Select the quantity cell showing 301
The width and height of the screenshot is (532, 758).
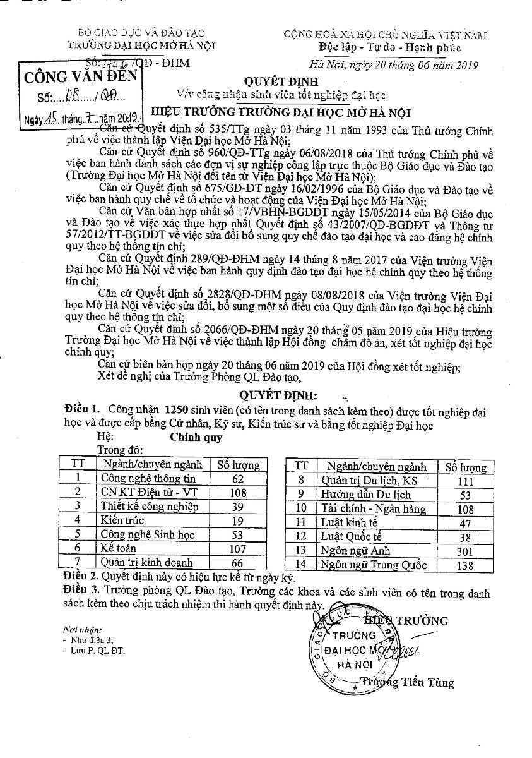(465, 551)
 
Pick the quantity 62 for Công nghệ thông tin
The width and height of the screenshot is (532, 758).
(237, 479)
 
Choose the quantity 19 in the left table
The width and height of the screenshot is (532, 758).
(237, 521)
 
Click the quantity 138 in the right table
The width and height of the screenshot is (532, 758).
(465, 565)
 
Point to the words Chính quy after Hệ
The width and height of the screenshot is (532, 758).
(196, 436)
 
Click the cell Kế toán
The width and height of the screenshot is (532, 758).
(118, 548)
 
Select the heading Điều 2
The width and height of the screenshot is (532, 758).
(81, 577)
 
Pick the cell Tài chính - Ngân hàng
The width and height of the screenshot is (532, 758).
(365, 508)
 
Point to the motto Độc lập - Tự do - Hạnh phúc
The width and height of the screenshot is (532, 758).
(389, 48)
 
